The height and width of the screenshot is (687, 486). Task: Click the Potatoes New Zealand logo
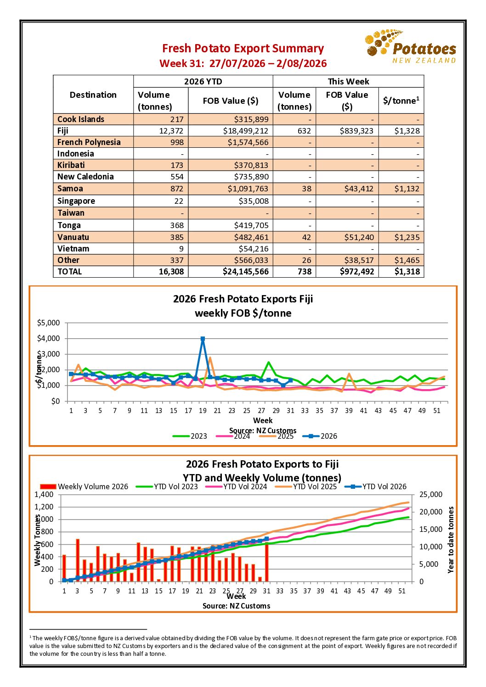pos(410,46)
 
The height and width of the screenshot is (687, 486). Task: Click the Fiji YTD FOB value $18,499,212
pos(245,131)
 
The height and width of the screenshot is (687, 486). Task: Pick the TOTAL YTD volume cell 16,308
pos(171,271)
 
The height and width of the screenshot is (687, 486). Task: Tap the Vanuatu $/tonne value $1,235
pos(407,237)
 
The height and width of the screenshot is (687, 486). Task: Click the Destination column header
pos(93,95)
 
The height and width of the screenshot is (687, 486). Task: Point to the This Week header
pos(348,81)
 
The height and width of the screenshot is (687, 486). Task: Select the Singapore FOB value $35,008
pos(254,201)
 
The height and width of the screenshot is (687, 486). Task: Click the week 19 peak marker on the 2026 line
pos(203,339)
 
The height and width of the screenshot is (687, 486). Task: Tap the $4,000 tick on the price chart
pos(48,338)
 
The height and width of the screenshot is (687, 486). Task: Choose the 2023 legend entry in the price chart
pos(190,436)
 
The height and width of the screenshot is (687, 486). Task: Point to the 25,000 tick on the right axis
pos(431,494)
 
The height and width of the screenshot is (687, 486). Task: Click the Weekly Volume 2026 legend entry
pos(84,486)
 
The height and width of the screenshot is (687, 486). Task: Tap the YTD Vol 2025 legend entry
pos(306,486)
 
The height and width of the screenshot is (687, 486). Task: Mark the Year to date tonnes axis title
pos(450,540)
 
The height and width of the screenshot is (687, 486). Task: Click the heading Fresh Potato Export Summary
pos(243,48)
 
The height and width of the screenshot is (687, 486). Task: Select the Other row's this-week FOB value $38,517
pos(356,260)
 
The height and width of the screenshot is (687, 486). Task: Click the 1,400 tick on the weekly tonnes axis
pos(44,494)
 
